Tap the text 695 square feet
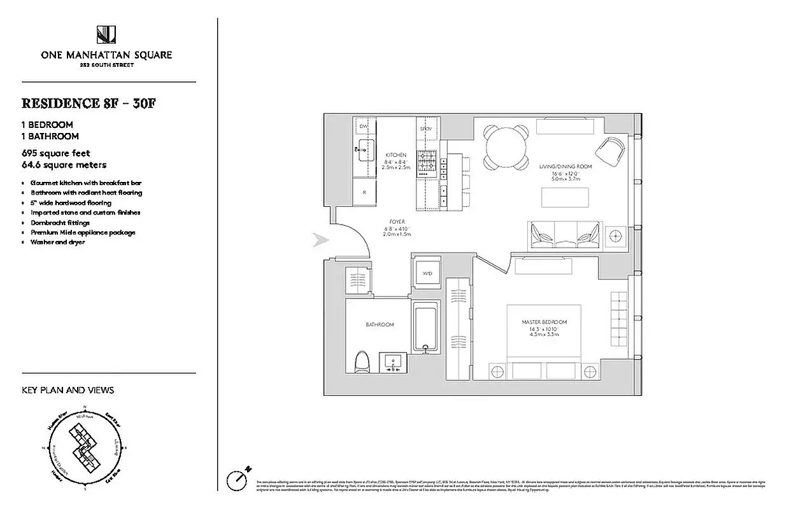(56, 153)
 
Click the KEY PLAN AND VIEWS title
(68, 390)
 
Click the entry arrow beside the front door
(321, 241)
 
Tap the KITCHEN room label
(396, 155)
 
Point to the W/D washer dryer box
(427, 273)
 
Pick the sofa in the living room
(564, 235)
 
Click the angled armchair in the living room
(610, 150)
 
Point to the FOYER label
(396, 222)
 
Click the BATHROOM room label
(379, 325)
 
